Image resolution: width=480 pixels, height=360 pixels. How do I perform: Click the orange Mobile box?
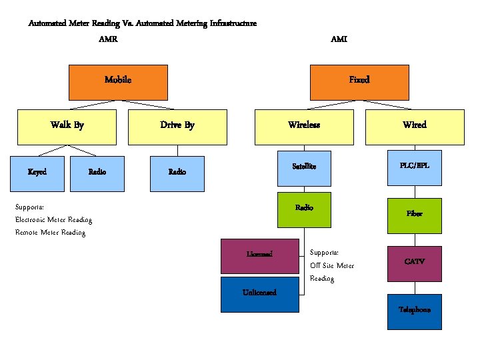tap(118, 81)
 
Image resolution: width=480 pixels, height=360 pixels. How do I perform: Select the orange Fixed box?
tap(359, 81)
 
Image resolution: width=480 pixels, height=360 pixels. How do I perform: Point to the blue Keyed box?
tap(37, 172)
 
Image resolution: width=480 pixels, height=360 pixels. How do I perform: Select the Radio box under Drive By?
tap(177, 172)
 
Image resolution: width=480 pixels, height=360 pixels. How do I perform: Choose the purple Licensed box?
tap(260, 255)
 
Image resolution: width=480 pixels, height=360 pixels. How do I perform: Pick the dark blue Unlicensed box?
tap(260, 294)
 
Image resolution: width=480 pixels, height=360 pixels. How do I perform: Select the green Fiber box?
tap(415, 215)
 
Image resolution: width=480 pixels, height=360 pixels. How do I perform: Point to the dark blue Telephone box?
tap(415, 311)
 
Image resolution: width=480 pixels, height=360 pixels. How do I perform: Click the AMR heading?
tap(108, 39)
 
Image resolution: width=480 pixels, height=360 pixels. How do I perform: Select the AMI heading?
tap(339, 39)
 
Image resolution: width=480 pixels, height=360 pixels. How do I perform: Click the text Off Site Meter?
tap(332, 265)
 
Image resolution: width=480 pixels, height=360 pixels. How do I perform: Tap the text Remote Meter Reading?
tap(51, 233)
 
